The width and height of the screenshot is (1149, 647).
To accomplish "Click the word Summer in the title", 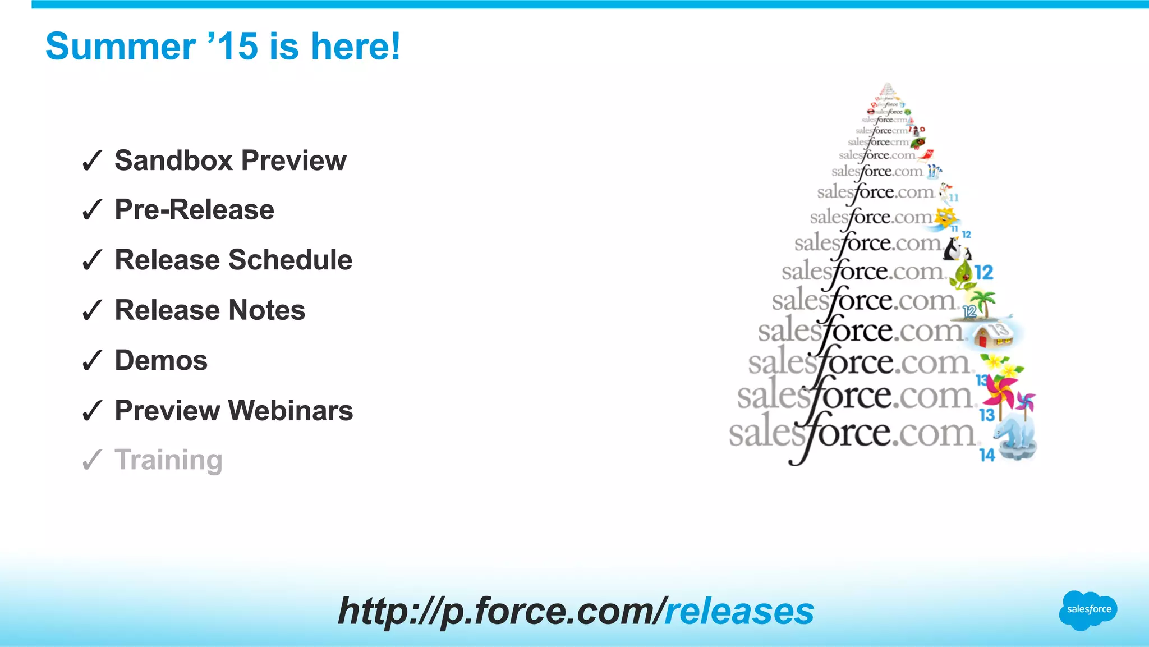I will coord(120,47).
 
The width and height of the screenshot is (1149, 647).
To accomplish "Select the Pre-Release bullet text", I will coord(194,210).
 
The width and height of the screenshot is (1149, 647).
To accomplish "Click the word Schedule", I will coord(289,260).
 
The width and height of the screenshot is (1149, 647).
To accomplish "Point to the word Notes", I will coord(266,310).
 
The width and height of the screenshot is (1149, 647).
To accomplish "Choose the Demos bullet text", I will coord(161,360).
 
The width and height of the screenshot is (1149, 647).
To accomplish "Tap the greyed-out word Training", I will coord(168,460).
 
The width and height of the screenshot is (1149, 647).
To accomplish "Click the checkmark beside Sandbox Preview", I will coord(92,161).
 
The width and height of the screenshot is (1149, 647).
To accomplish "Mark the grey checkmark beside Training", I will coord(92,460).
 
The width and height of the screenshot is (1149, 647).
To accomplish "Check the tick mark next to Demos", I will coord(92,361).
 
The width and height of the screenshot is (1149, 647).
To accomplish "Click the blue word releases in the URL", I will coord(739,611).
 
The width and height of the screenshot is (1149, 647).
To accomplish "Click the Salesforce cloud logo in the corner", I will coord(1088,610).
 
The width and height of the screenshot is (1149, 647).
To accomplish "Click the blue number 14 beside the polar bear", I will coord(987,455).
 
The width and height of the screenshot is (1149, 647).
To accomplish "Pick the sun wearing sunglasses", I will coord(946,217).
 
